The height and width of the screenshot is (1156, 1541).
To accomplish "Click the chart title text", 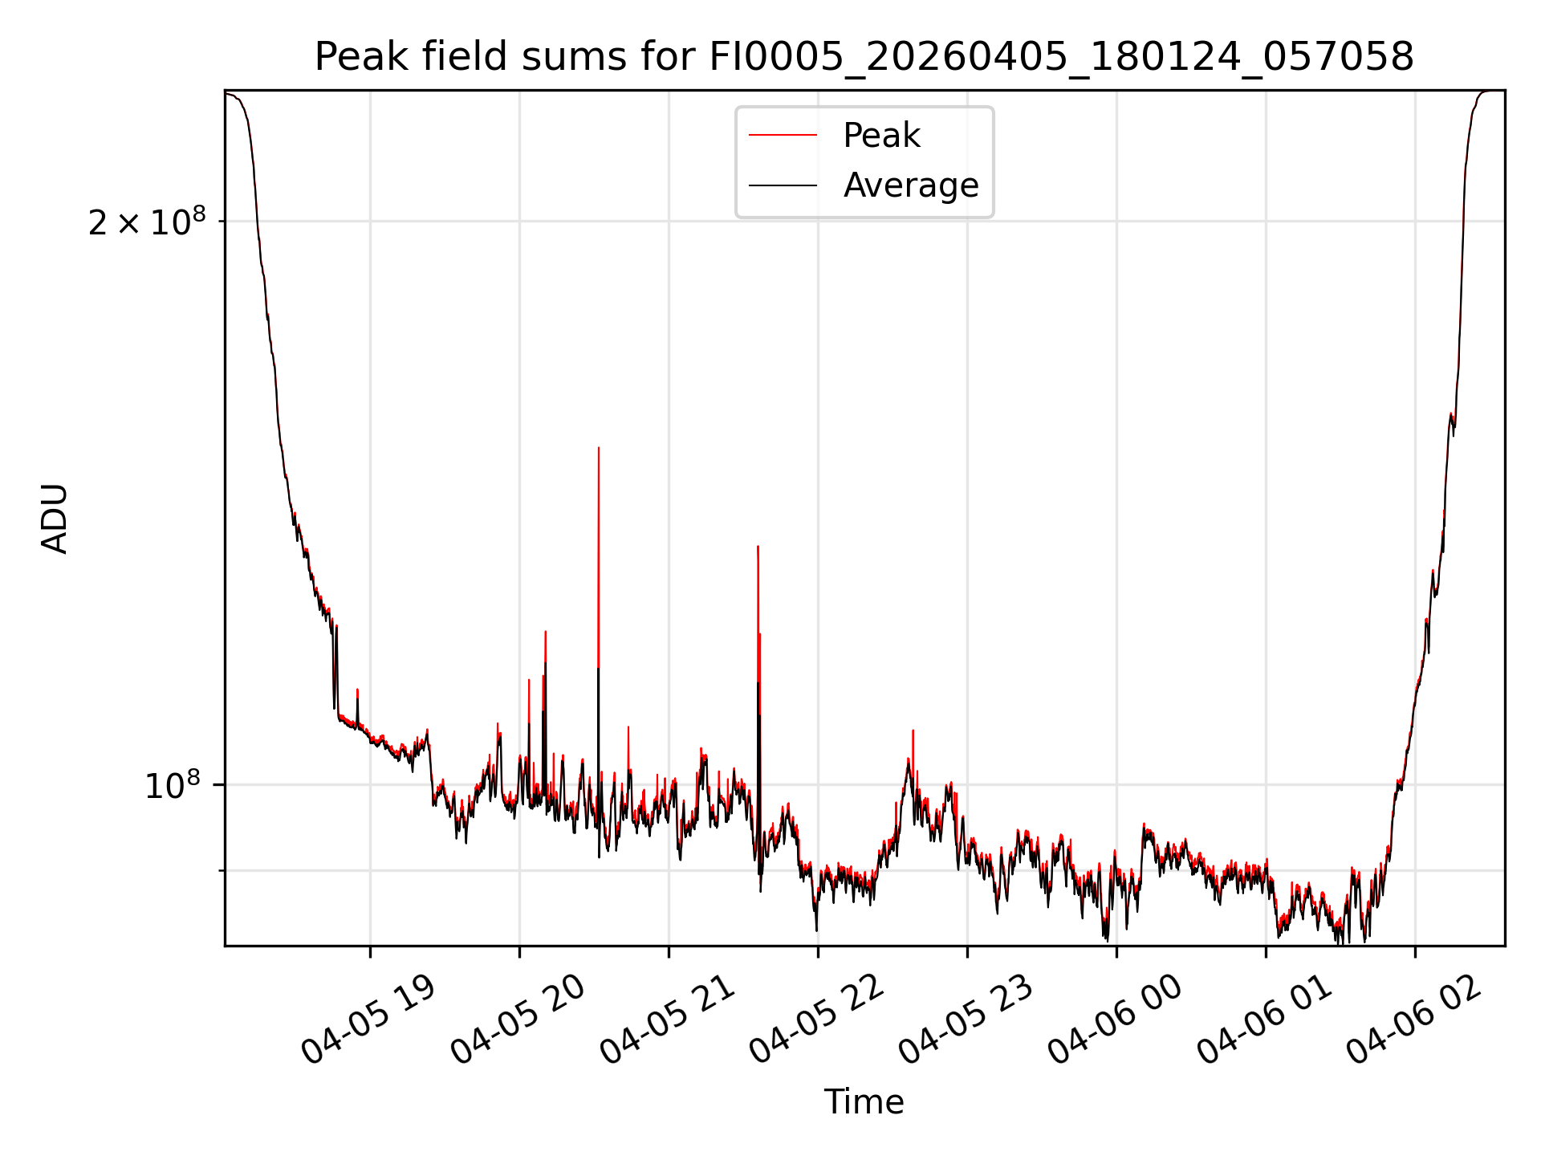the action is click(x=864, y=57).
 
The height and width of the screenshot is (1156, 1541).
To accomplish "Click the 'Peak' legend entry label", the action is click(x=881, y=136).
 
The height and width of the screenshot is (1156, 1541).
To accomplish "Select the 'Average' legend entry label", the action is click(x=911, y=185).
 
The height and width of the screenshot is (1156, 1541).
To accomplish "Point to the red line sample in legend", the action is click(x=783, y=136).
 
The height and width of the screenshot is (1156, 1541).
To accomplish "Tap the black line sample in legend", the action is click(x=783, y=185).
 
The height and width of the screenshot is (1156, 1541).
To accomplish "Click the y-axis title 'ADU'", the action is click(x=55, y=519).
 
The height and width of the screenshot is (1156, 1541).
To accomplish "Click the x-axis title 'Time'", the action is click(x=864, y=1102).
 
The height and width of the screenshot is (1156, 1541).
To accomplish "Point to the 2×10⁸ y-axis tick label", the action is click(x=147, y=222).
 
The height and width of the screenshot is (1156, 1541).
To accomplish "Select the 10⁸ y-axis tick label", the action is click(x=175, y=785).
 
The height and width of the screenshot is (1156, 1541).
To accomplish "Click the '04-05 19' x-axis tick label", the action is click(x=368, y=1020).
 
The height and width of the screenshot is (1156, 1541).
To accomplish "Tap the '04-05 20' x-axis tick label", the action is click(x=517, y=1020).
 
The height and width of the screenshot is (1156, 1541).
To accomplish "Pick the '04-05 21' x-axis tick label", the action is click(x=666, y=1020).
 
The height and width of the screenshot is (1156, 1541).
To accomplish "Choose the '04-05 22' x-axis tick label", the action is click(x=815, y=1020).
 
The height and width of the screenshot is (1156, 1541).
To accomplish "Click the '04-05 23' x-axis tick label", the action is click(x=965, y=1020).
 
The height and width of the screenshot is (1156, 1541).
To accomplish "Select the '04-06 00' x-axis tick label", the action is click(x=1114, y=1020).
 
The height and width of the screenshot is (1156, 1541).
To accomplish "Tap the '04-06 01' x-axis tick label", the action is click(x=1263, y=1020).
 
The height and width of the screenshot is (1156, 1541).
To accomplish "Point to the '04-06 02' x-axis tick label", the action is click(x=1413, y=1020).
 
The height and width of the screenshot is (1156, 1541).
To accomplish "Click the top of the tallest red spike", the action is click(x=599, y=447).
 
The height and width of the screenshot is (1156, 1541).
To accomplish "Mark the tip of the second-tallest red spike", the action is click(x=758, y=546).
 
